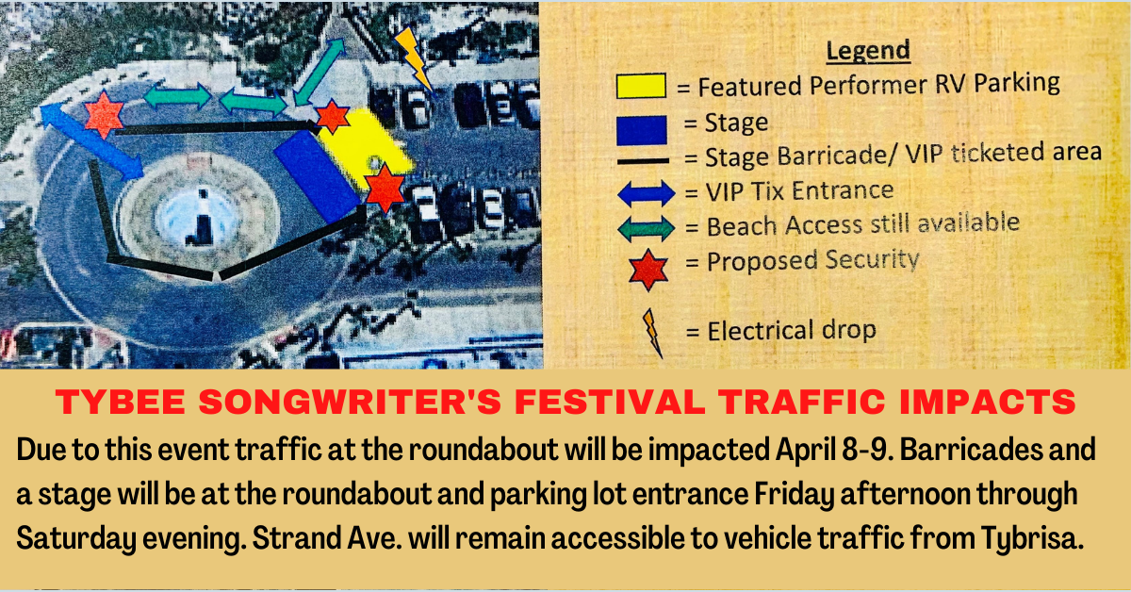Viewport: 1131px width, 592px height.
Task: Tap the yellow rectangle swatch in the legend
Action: click(x=641, y=87)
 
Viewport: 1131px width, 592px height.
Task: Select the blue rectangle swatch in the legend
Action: click(x=641, y=127)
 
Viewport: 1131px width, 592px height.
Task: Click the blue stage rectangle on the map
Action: click(x=317, y=174)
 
